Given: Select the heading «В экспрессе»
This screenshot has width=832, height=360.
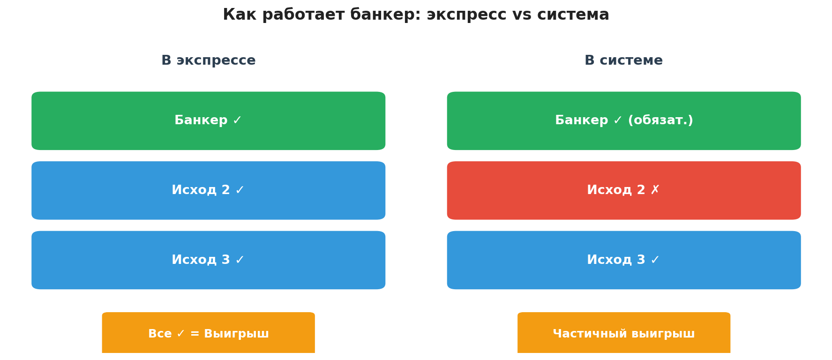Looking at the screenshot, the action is (x=209, y=61).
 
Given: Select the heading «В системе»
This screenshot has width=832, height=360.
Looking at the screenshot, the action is (x=623, y=61).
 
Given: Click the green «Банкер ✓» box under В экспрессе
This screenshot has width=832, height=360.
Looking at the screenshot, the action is (x=209, y=121).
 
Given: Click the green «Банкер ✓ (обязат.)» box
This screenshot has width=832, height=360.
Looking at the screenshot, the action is (x=624, y=121).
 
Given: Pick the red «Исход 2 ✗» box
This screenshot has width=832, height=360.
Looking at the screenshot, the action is (x=624, y=190).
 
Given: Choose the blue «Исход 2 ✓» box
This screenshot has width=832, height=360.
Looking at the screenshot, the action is (x=209, y=190).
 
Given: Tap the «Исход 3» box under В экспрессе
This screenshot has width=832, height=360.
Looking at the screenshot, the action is (x=209, y=260).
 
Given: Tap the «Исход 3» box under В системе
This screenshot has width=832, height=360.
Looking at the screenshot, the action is (x=624, y=260).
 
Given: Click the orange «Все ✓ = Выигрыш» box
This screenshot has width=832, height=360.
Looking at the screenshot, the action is (x=209, y=333).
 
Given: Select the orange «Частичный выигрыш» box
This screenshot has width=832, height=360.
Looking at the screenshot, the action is (x=624, y=333).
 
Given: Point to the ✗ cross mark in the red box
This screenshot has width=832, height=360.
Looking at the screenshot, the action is (x=655, y=190).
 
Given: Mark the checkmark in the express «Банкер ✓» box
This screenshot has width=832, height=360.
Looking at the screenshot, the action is (x=237, y=120).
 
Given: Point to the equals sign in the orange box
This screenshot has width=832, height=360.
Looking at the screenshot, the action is (x=195, y=334).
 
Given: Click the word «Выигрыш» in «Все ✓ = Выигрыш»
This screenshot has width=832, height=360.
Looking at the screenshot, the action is (x=236, y=334).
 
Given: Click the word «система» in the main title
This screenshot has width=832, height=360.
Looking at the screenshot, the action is (x=573, y=15).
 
